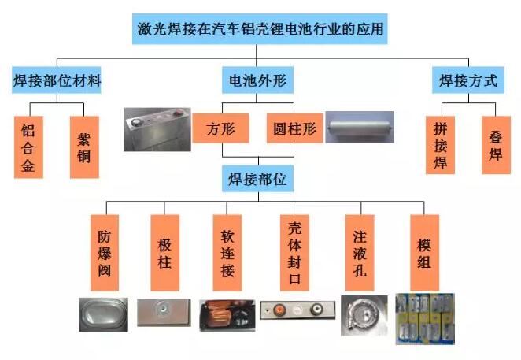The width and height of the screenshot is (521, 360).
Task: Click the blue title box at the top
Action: pyautogui.click(x=260, y=29)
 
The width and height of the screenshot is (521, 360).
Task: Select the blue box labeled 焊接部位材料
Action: pyautogui.click(x=57, y=80)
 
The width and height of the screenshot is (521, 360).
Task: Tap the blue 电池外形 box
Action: pyautogui.click(x=257, y=80)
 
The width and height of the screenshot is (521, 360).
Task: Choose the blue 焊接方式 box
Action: pyautogui.click(x=468, y=80)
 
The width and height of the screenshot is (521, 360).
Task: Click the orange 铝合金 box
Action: pyautogui.click(x=28, y=147)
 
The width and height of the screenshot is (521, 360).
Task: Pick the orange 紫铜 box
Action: pyautogui.click(x=84, y=147)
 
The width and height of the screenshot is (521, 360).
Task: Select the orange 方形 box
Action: pyautogui.click(x=220, y=128)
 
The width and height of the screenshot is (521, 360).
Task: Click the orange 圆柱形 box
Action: pyautogui.click(x=294, y=128)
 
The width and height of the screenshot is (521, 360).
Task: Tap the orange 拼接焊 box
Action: pyautogui.click(x=440, y=145)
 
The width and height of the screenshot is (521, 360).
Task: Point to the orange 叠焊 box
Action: pyautogui.click(x=496, y=145)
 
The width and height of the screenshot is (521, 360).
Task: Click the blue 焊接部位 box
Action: pyautogui.click(x=257, y=179)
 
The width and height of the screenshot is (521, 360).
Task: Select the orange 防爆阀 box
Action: pyautogui.click(x=105, y=253)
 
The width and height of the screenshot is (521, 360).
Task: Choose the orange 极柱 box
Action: pyautogui.click(x=165, y=253)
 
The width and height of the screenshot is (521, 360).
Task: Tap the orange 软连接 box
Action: pyautogui.click(x=227, y=253)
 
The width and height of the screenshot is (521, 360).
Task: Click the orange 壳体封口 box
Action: pyautogui.click(x=294, y=253)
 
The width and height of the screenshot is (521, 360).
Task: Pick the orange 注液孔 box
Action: pyautogui.click(x=360, y=253)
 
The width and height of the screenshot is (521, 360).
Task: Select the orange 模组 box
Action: pyautogui.click(x=425, y=253)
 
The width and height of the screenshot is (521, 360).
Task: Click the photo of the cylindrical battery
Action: pyautogui.click(x=360, y=127)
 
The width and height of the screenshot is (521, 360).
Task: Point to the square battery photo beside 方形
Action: pyautogui.click(x=157, y=129)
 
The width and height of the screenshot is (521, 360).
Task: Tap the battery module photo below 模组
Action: pyautogui.click(x=425, y=319)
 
